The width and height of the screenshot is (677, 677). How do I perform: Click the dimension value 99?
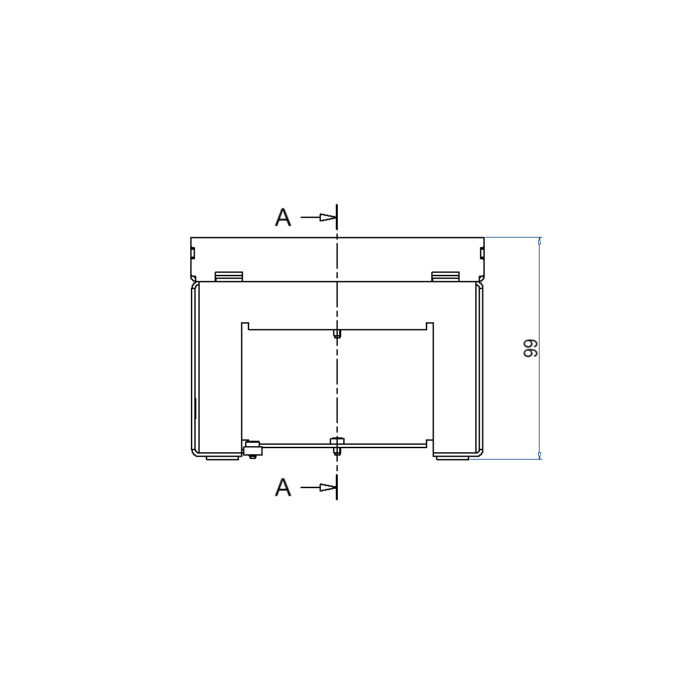click(x=530, y=349)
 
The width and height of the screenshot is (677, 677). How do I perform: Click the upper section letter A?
click(x=283, y=217)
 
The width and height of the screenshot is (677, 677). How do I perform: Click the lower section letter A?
click(x=283, y=487)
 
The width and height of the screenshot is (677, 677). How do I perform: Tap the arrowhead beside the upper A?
click(x=328, y=217)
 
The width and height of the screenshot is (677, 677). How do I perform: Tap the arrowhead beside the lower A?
click(x=328, y=487)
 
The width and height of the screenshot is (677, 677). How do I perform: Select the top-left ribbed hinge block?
click(x=229, y=276)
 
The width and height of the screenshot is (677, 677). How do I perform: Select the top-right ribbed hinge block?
click(x=445, y=276)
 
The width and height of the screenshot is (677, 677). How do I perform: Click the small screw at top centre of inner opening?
click(x=337, y=333)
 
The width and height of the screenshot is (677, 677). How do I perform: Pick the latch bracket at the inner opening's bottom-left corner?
click(x=251, y=448)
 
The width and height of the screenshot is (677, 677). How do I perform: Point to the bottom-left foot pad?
click(x=222, y=458)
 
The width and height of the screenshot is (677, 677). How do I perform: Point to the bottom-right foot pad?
click(x=452, y=458)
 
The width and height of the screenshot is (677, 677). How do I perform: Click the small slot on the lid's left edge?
click(x=193, y=254)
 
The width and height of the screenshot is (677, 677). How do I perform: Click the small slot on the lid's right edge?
click(x=481, y=254)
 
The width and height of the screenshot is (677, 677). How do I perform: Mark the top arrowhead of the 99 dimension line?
click(x=540, y=241)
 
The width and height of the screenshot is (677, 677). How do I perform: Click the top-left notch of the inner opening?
click(x=246, y=326)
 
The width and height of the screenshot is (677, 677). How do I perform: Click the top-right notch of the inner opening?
click(x=429, y=326)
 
